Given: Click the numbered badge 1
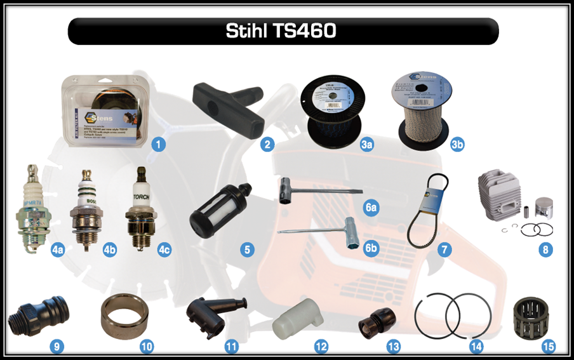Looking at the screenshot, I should tap(159, 144).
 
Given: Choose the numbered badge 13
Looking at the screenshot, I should tap(394, 347).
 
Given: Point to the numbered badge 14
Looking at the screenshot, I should tap(476, 347).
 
